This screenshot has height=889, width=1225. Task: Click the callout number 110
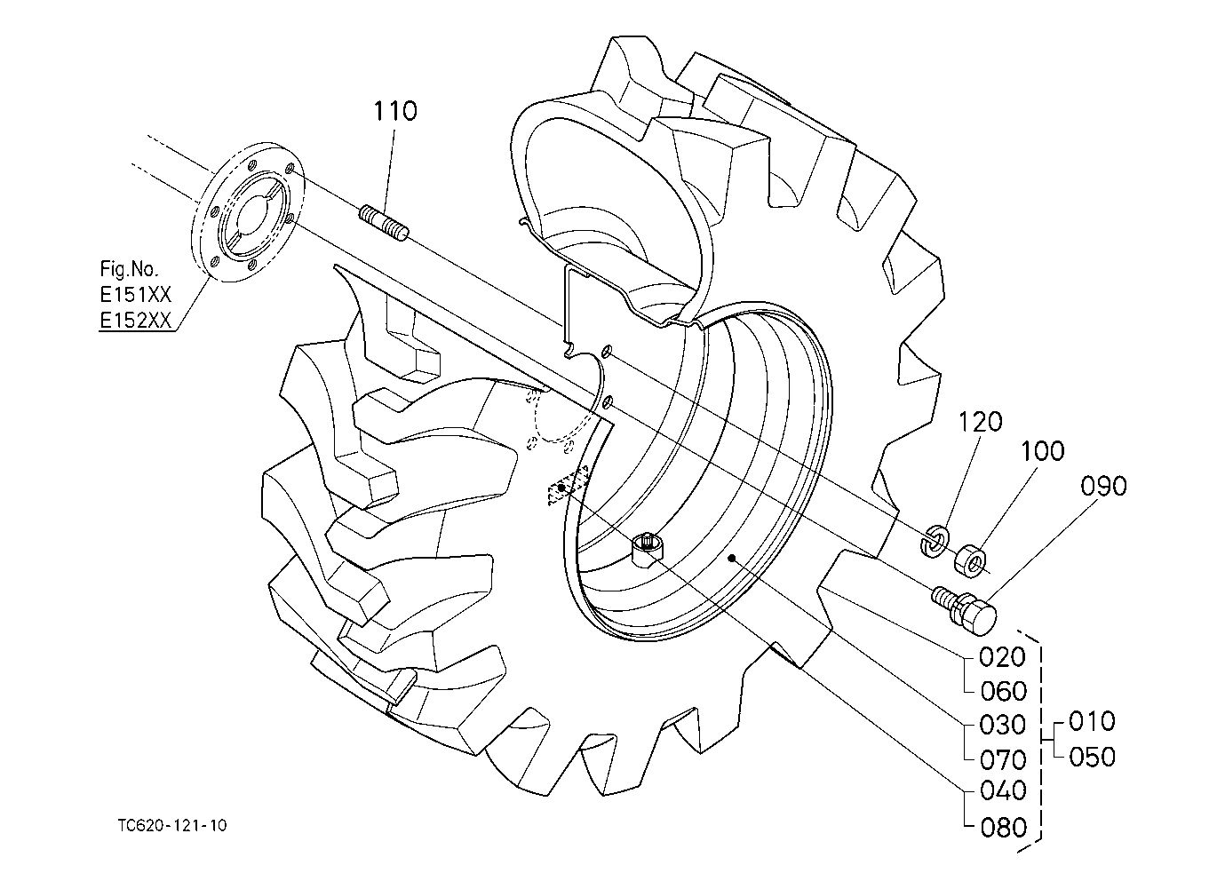point(394,111)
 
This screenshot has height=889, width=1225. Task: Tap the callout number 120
point(981,422)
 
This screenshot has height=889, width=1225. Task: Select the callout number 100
point(1042,451)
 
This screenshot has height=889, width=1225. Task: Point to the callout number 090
point(1104,486)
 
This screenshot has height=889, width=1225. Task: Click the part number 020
point(1002,658)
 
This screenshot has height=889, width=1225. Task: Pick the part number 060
point(1004,692)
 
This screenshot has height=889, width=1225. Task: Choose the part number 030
point(1002,725)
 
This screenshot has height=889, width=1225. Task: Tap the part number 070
point(1003,760)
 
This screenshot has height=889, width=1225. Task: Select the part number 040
point(1003,790)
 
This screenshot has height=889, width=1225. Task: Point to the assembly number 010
point(1092,722)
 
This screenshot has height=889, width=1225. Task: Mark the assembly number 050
point(1092,758)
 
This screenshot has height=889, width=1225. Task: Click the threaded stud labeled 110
point(384,223)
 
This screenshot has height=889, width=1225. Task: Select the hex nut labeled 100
point(970,560)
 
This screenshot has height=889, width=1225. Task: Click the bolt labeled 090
point(964,611)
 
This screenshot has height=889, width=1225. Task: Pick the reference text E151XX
point(135,295)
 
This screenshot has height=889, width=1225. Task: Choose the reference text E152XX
point(135,321)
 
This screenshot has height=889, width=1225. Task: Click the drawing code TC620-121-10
point(171,825)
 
